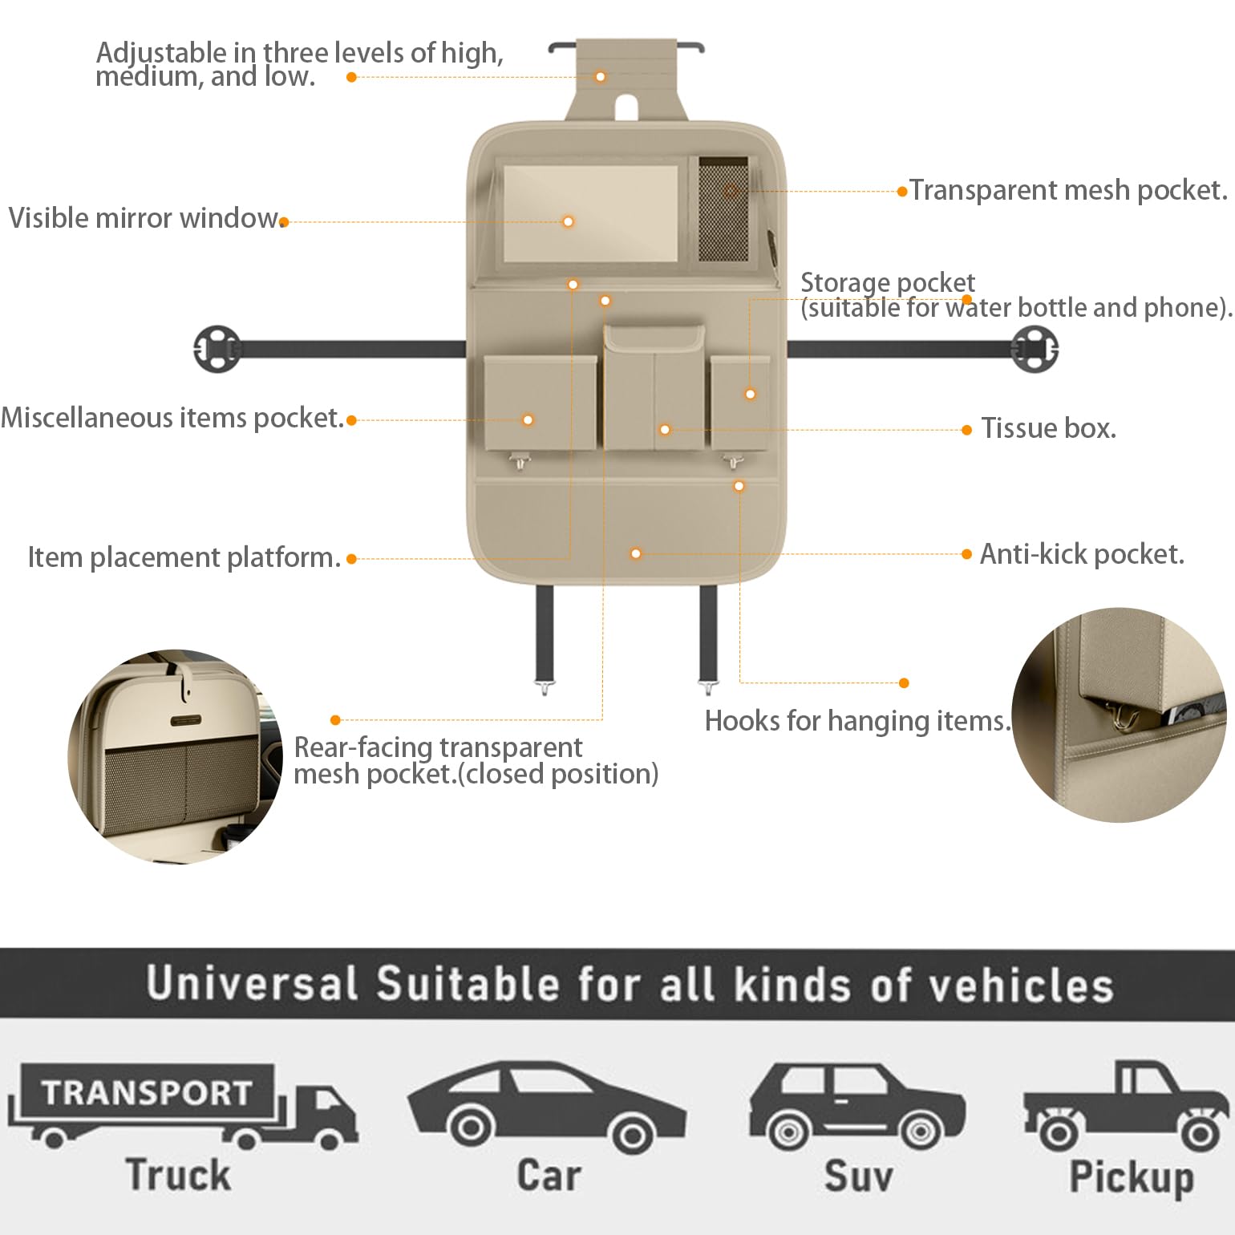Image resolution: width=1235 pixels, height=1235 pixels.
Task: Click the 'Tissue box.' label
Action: coord(1048,428)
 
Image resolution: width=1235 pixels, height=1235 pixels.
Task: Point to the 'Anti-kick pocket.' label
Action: coord(1082,554)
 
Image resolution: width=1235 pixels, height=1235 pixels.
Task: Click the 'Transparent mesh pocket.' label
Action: coord(1068,190)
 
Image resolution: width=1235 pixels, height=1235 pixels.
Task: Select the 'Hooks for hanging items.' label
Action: coord(856,721)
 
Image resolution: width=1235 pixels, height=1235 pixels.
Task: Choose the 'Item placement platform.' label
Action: coord(184,557)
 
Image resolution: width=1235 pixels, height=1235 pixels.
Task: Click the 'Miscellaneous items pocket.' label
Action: coord(172,418)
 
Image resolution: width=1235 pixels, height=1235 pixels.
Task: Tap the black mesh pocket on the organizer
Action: coord(724,209)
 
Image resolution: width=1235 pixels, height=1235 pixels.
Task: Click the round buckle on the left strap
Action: coord(217,349)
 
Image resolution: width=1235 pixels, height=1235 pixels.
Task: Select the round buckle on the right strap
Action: coord(1035,349)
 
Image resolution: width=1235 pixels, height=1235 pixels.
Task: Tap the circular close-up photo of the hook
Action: coord(1120,715)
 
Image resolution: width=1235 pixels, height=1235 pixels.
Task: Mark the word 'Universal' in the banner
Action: coord(252,984)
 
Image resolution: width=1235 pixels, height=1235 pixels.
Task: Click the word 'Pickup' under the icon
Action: coord(1132,1176)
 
